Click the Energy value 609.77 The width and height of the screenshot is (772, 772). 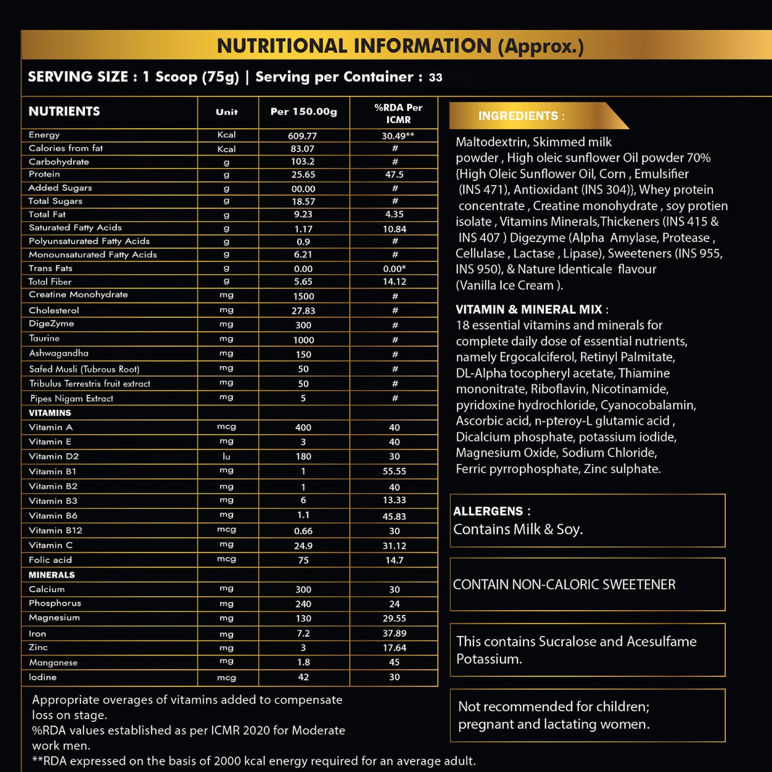[302, 136]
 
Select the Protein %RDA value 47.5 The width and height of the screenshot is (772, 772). [394, 175]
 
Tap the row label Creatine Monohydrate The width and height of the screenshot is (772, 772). [78, 295]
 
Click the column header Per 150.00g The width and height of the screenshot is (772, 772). [303, 112]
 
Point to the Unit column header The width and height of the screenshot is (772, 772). [227, 112]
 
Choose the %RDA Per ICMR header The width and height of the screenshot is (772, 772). [398, 113]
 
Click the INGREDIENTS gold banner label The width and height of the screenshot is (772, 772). [521, 116]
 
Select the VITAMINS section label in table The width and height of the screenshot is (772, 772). [50, 413]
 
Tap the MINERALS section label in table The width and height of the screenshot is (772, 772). [51, 575]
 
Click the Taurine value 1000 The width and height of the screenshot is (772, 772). [303, 340]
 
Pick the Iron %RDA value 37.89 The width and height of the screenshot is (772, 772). [394, 633]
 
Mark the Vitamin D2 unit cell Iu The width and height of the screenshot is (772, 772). [227, 456]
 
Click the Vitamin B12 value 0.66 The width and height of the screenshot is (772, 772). [303, 531]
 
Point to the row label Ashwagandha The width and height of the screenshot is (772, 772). [59, 353]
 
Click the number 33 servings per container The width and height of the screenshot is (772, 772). [435, 77]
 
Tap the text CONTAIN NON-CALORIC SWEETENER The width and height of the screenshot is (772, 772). [564, 584]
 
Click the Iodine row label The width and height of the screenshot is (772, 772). [42, 677]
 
